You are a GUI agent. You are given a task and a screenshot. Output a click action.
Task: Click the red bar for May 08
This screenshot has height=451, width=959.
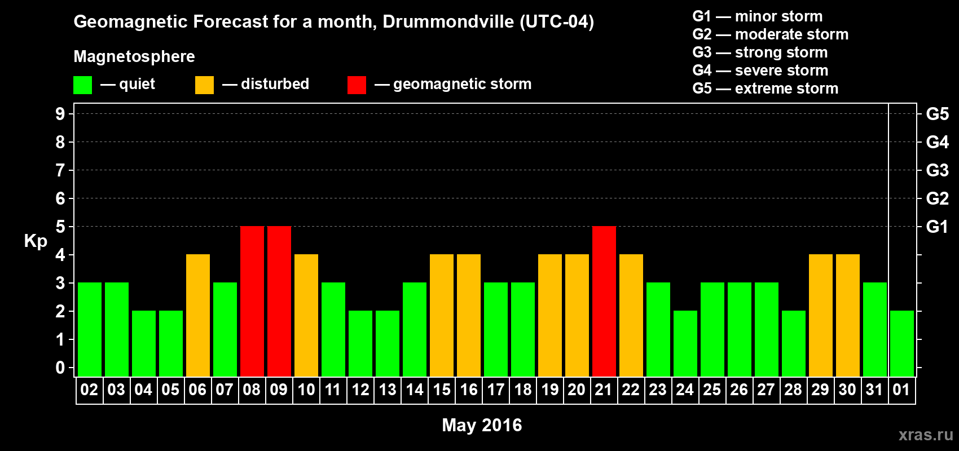[x=252, y=301]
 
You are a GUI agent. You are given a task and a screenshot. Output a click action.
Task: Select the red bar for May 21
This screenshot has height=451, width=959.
[x=604, y=301]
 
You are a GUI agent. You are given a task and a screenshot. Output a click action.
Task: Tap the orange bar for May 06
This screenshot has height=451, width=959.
[x=198, y=315]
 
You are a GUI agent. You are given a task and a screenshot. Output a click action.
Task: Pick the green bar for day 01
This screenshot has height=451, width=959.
[x=902, y=343]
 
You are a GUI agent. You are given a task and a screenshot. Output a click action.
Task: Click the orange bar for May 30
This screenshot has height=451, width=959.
[x=848, y=315]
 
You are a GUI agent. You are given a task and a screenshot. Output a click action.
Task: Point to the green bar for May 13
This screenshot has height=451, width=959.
[x=388, y=343]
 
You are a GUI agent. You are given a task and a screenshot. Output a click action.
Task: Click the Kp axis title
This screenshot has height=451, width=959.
[x=36, y=241]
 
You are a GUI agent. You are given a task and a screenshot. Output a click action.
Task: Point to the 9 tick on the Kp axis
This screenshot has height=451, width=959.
[x=60, y=114]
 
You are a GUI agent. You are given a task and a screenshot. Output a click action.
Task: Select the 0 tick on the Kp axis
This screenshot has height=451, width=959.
[x=60, y=368]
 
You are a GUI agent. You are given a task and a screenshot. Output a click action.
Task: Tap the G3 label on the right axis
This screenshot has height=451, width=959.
[x=937, y=170]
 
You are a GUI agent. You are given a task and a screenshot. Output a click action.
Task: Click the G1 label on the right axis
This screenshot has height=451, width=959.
[x=937, y=227]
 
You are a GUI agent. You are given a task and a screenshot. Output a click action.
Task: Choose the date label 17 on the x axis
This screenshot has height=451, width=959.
[x=496, y=390]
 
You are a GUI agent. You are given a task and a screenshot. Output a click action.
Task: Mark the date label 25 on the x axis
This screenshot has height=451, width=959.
[x=712, y=390]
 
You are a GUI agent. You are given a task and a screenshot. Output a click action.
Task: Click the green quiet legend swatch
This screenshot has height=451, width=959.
[x=83, y=85]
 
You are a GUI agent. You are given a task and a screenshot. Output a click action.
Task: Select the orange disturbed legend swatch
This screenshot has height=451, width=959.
[x=204, y=85]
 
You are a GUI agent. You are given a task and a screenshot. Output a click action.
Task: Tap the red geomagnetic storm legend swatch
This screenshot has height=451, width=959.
[x=357, y=85]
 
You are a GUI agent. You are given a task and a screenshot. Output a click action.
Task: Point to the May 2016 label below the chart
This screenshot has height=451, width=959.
[x=482, y=425]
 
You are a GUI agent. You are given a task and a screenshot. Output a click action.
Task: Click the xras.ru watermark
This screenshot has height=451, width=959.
[x=926, y=435]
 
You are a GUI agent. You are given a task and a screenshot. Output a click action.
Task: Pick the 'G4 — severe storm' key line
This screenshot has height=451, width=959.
[x=760, y=70]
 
